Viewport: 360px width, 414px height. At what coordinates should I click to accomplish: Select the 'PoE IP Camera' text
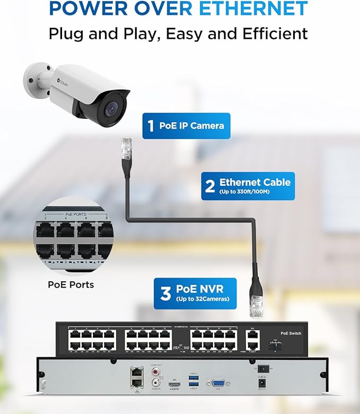[191, 126]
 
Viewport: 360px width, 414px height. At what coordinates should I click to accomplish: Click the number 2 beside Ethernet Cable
[210, 186]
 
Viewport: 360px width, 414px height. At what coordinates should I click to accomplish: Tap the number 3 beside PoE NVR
[165, 294]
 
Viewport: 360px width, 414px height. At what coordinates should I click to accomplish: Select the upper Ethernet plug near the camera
[126, 150]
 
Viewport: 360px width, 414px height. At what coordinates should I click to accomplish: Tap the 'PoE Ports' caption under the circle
[71, 285]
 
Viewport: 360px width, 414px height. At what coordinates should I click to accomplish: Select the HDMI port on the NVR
[174, 383]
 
